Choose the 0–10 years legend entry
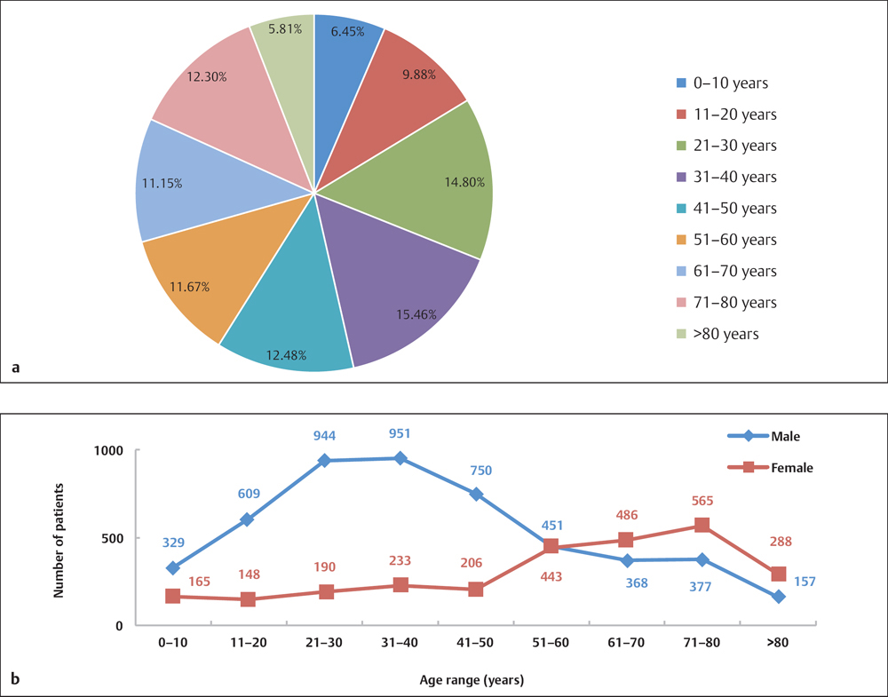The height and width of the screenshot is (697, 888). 721,83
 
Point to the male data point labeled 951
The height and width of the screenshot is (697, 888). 400,458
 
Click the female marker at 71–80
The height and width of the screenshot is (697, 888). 702,526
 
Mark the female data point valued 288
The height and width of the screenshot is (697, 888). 778,574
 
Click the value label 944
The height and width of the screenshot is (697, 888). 324,436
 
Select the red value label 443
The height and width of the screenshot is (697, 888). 551,577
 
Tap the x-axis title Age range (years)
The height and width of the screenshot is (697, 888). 472,680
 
